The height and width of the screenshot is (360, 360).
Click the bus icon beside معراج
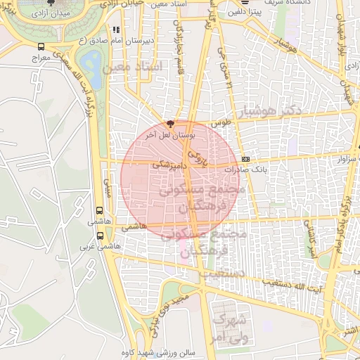[41, 47]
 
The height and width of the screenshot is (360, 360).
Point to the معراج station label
[40, 58]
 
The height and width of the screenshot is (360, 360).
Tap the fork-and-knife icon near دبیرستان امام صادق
[116, 30]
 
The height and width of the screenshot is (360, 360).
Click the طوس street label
[222, 122]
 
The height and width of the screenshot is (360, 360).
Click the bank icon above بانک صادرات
[245, 159]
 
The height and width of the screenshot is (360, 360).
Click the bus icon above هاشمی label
[98, 210]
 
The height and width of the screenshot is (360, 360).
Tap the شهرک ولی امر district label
[225, 327]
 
